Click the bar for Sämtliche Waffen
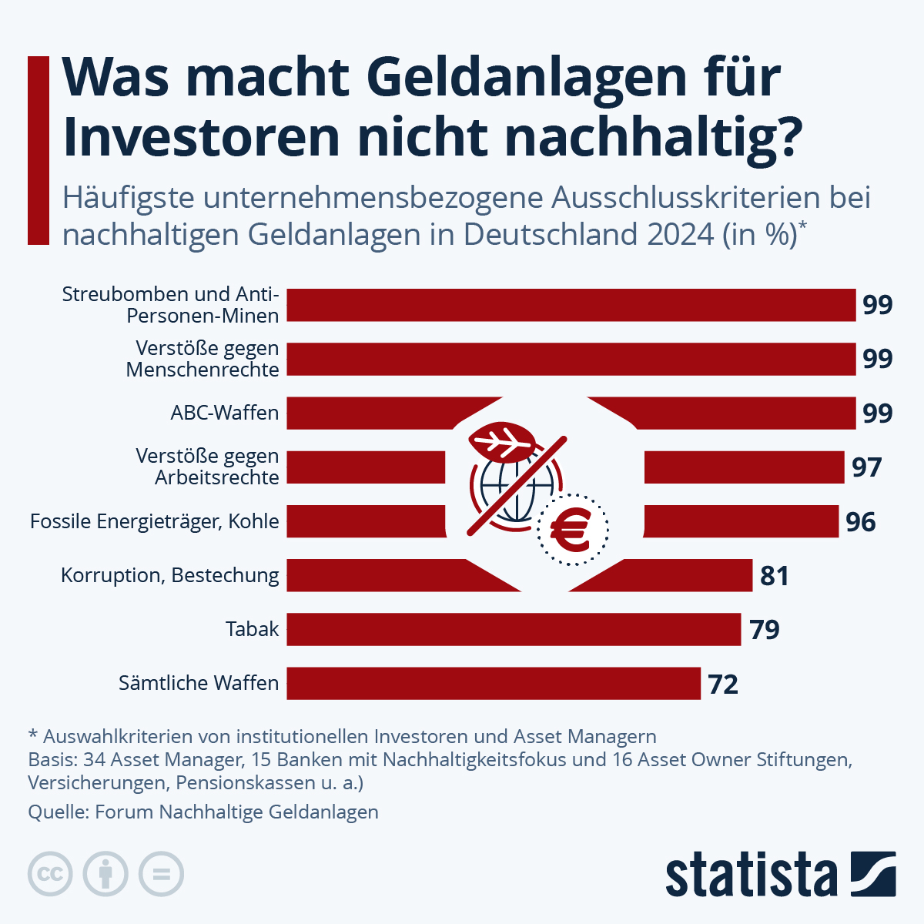click(x=493, y=683)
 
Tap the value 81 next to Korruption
click(x=774, y=576)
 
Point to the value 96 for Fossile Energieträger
click(x=860, y=522)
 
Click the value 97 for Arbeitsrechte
click(x=866, y=467)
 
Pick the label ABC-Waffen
click(x=224, y=413)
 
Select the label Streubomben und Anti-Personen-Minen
click(x=170, y=305)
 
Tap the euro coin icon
click(x=572, y=529)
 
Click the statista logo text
click(x=751, y=875)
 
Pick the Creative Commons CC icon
click(x=50, y=874)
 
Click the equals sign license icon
click(x=161, y=874)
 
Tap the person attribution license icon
click(x=105, y=874)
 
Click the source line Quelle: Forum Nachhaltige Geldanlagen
click(x=203, y=812)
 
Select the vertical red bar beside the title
click(x=38, y=150)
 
